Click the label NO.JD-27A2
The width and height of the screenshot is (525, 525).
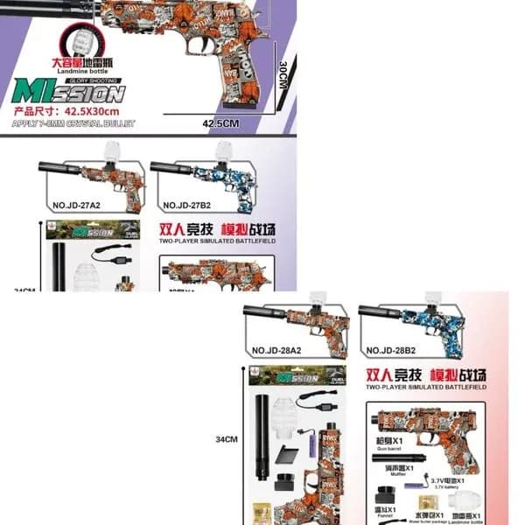click(x=84, y=206)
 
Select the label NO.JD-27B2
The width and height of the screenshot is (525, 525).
click(x=191, y=206)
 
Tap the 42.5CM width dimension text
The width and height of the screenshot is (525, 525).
click(x=220, y=124)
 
